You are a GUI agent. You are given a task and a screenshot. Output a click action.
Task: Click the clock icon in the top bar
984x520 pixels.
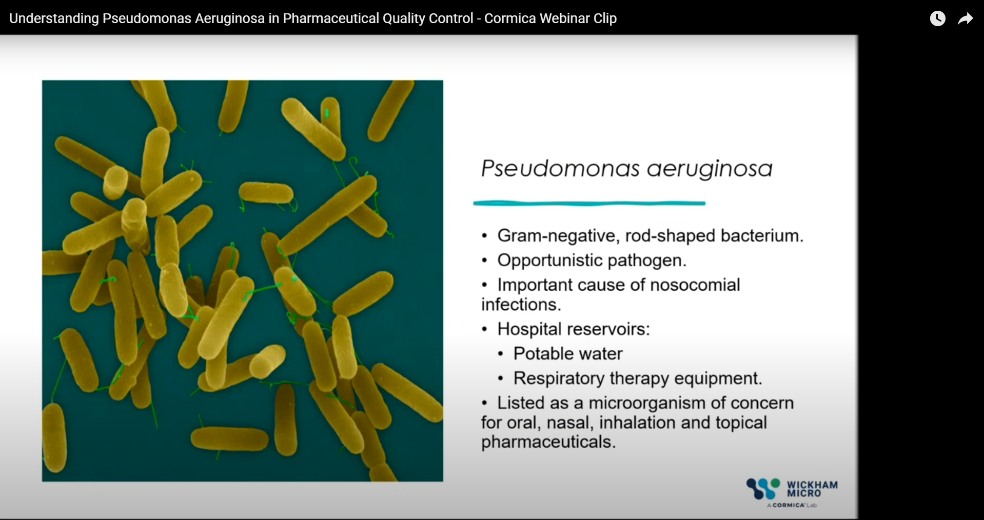click(937, 19)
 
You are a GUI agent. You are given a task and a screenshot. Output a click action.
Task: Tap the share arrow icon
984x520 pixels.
click(965, 19)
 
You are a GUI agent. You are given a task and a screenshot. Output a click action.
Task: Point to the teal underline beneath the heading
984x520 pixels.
click(589, 204)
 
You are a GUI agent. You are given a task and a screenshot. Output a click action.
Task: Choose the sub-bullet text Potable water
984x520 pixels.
click(568, 353)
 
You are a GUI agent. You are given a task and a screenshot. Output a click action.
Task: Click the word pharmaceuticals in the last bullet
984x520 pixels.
click(548, 442)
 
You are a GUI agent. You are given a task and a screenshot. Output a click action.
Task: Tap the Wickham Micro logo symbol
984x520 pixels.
click(763, 489)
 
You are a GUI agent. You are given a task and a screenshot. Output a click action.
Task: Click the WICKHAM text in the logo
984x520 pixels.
click(812, 485)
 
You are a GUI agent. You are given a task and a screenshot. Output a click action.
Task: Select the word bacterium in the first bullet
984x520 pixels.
click(761, 235)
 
